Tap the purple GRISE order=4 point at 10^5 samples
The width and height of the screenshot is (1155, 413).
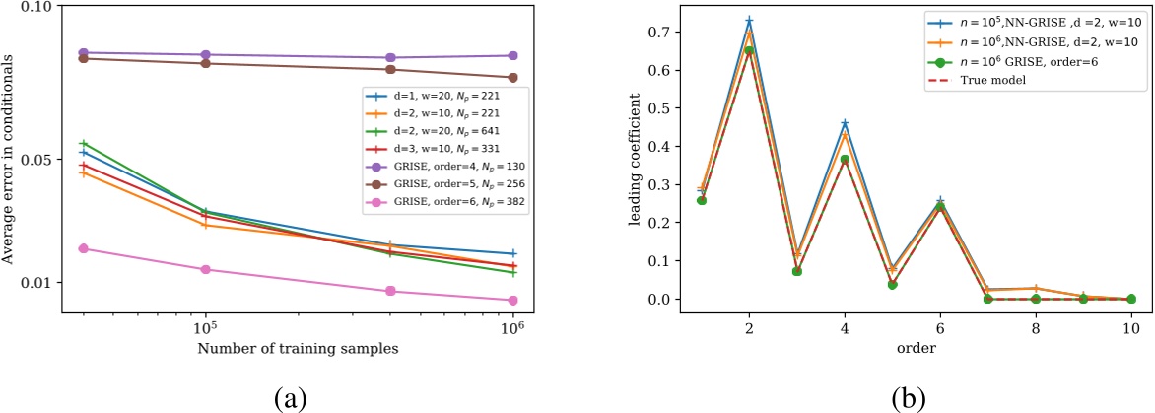[205, 55]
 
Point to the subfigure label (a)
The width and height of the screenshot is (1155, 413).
[292, 395]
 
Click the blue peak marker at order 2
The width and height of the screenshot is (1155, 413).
[721, 20]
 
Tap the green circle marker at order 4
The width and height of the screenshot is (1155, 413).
[816, 159]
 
